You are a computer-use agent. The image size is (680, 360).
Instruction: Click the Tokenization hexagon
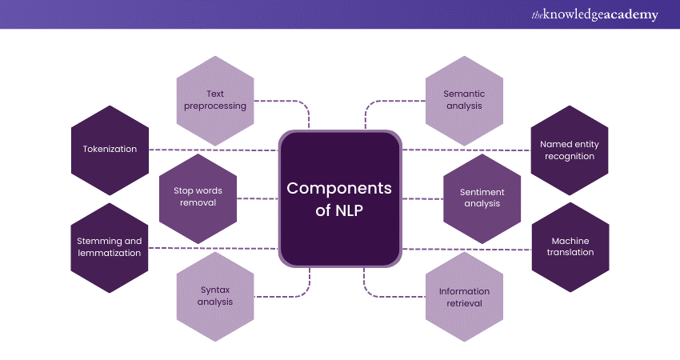click(x=110, y=150)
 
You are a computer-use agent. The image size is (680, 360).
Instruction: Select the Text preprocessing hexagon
click(x=214, y=100)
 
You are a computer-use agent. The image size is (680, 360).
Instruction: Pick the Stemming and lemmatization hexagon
click(x=110, y=247)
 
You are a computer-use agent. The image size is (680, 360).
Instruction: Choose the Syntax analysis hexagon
click(x=214, y=297)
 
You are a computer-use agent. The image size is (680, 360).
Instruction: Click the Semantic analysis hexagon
click(x=464, y=100)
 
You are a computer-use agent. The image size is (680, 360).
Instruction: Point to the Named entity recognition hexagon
click(x=569, y=150)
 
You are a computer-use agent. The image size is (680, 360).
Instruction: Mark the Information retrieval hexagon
click(x=464, y=297)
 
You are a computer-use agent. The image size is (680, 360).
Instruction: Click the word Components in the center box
click(x=339, y=189)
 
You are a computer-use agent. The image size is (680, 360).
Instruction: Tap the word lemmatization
click(x=110, y=253)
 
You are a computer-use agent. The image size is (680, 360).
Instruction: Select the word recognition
click(x=569, y=156)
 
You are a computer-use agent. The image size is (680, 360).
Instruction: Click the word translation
click(x=571, y=253)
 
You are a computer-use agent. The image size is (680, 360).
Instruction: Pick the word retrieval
click(x=464, y=302)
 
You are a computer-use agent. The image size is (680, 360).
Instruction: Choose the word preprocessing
click(x=214, y=106)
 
